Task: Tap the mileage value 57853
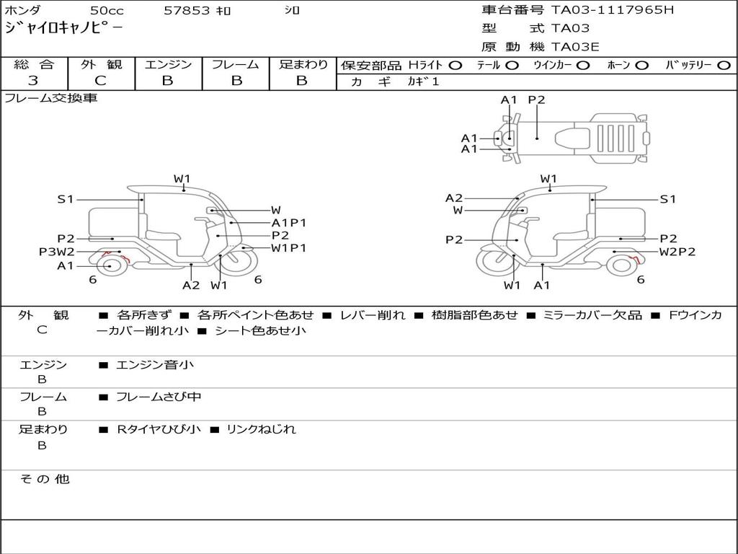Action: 186,11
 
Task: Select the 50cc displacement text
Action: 107,11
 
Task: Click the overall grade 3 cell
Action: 33,81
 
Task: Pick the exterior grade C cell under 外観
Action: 101,81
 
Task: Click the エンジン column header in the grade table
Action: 168,64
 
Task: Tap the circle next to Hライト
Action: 455,65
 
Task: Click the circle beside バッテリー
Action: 724,65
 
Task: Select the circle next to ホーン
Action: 641,65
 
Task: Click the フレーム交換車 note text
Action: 50,98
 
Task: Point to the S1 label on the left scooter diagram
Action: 66,199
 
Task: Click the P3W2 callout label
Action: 56,252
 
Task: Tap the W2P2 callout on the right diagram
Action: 677,252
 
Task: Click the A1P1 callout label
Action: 289,223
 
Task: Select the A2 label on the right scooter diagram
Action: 454,198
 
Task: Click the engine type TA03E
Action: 575,47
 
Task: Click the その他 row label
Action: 44,479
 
